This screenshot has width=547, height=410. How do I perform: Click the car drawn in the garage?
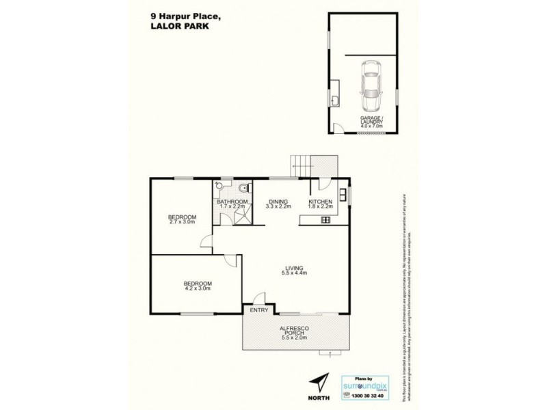click(371, 86)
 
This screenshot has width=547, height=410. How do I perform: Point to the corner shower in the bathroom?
click(241, 217)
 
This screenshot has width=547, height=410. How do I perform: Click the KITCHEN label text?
click(320, 202)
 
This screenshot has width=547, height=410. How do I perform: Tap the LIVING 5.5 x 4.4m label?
click(295, 271)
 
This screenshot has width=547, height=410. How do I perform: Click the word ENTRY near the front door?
click(259, 311)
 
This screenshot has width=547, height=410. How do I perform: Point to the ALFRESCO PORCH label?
click(295, 332)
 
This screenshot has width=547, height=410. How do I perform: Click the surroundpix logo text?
click(373, 385)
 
